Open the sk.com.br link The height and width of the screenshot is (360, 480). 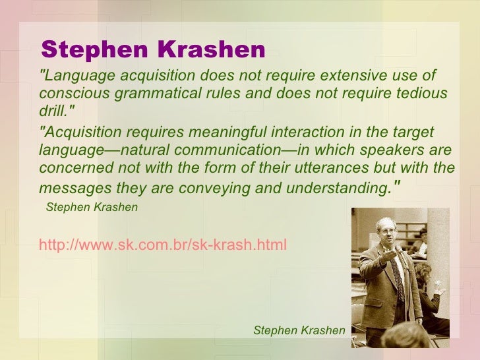(163, 245)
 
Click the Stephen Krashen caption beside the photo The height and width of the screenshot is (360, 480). (299, 330)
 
